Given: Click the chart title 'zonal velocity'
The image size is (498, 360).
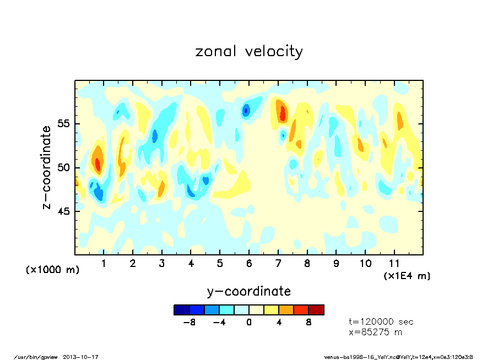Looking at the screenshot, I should coord(249,52).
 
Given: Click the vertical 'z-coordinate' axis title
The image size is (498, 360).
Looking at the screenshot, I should coord(47,167).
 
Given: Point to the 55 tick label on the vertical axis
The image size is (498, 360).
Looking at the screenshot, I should coord(64,123).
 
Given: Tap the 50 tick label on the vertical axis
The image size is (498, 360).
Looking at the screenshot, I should coord(64,167).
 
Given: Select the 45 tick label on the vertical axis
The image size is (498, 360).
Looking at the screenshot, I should coord(64,211).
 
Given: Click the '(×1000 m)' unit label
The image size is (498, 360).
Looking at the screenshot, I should coord(53,270).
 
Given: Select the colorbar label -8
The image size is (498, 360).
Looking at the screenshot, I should coord(190,323).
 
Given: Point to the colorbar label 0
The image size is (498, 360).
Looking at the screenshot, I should coord(249,323).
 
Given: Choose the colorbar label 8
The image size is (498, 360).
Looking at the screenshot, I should coord(308,323).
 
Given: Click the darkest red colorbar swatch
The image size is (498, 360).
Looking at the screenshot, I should coord(316,310).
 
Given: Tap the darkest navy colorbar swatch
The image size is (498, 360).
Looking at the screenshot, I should coord(182,310).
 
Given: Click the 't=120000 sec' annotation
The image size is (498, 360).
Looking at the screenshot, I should coord(381,322).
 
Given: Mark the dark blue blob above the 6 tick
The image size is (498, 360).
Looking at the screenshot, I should coord(246,110).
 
